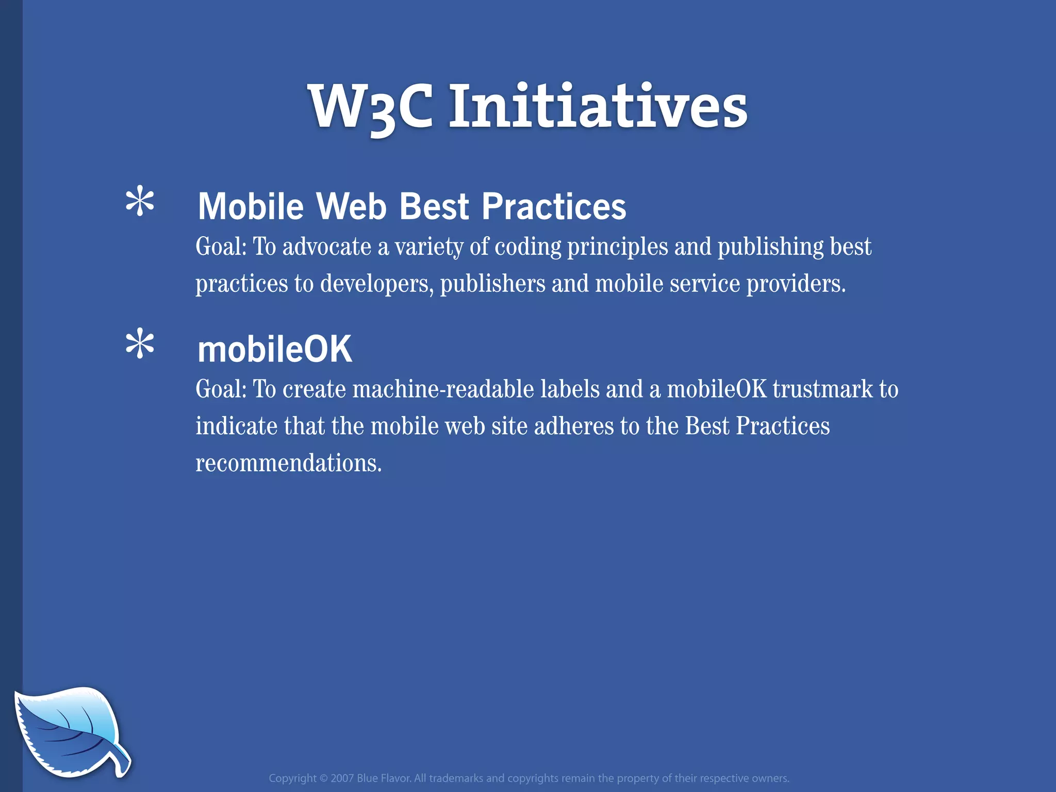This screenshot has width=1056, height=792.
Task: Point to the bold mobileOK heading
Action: click(275, 349)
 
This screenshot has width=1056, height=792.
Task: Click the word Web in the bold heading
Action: click(351, 206)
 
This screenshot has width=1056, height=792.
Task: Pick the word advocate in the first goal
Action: click(327, 246)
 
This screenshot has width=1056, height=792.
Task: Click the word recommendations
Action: click(289, 463)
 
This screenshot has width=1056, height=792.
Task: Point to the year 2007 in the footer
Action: click(342, 778)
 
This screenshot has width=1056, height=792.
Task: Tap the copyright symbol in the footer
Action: click(323, 778)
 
